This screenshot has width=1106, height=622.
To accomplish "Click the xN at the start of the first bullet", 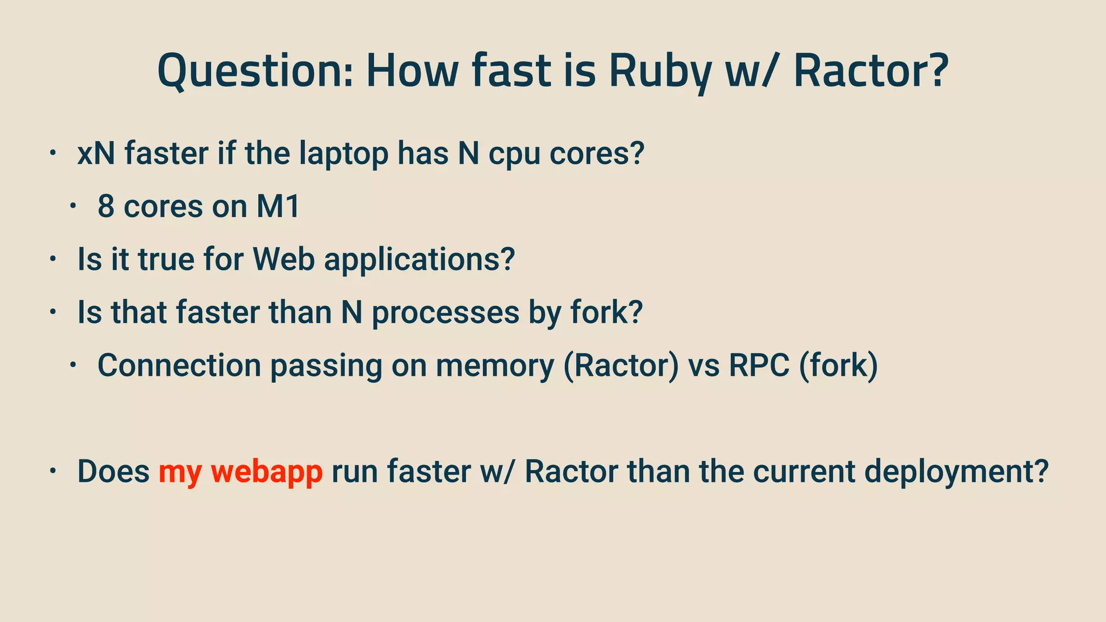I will click(x=96, y=153).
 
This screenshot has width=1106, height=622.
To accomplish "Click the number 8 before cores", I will click(x=106, y=206).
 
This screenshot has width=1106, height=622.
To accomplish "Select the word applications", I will click(x=420, y=260).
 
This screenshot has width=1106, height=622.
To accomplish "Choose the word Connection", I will click(x=179, y=366).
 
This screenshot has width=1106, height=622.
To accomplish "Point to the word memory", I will click(x=495, y=366).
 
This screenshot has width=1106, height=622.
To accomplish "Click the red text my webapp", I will click(x=240, y=472).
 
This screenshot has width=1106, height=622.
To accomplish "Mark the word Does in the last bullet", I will click(x=113, y=471).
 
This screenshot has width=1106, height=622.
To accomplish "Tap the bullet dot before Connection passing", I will click(x=73, y=365).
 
